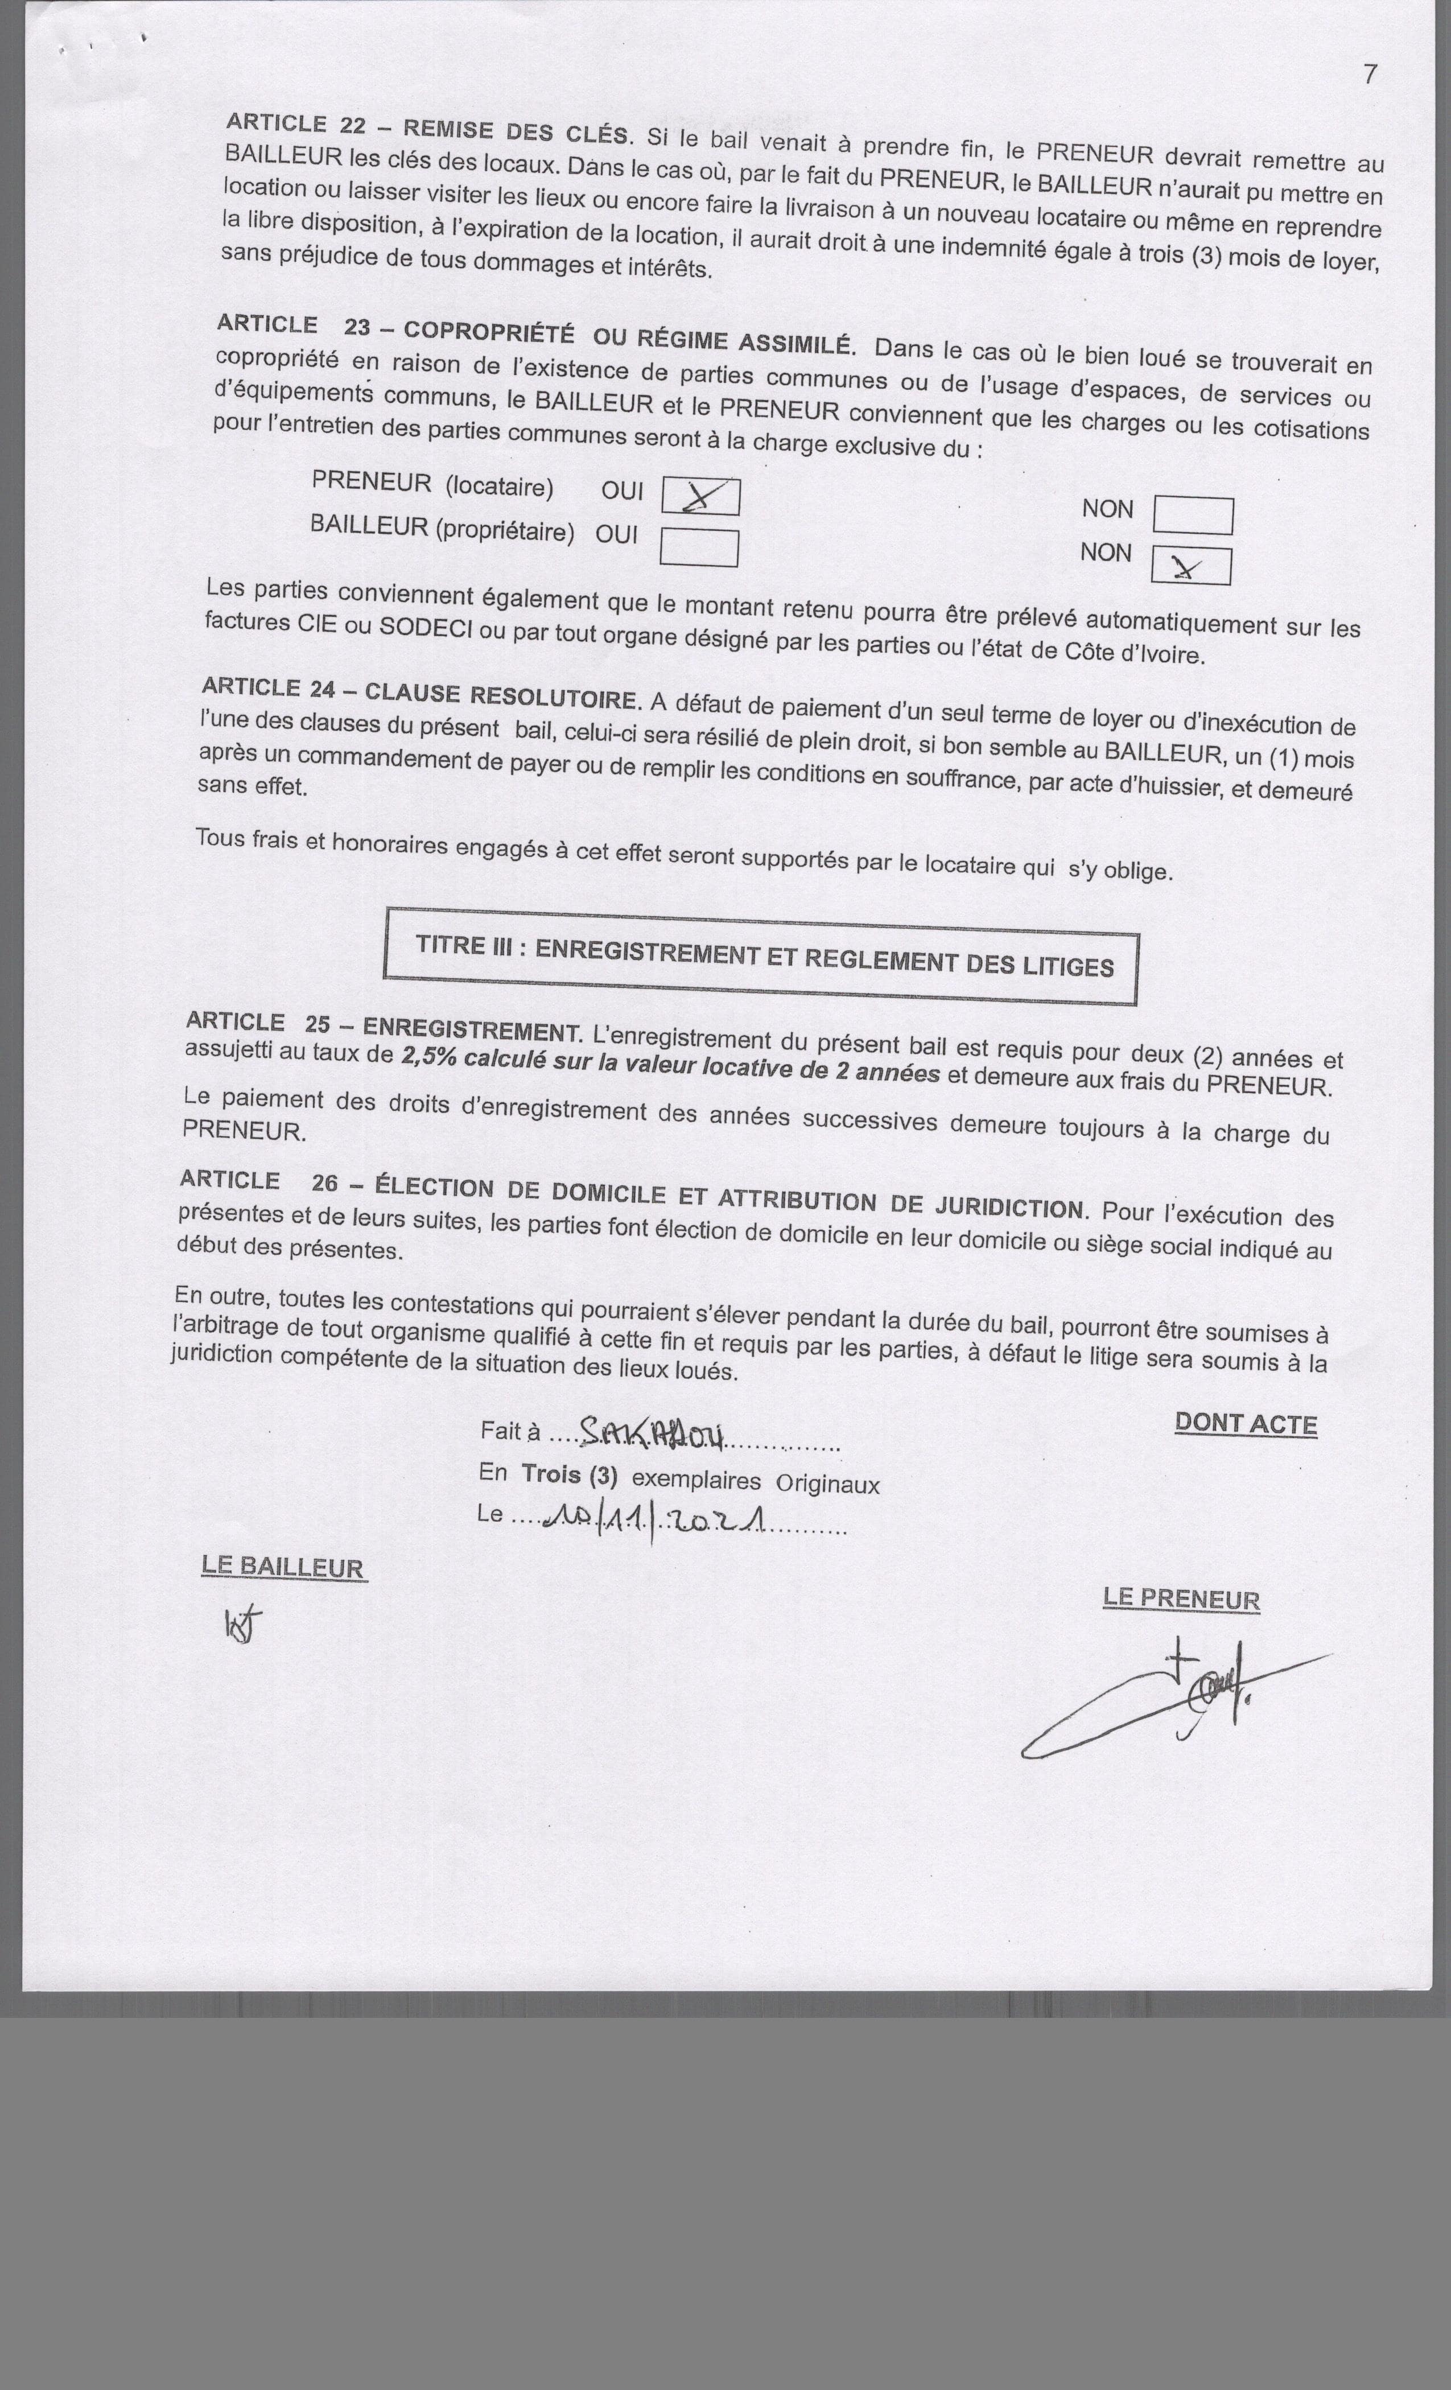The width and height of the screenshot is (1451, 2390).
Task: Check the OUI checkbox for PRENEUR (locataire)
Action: [700, 497]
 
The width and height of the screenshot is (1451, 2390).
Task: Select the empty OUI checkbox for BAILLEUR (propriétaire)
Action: [698, 547]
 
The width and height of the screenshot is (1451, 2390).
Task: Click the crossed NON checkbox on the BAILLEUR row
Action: [1191, 566]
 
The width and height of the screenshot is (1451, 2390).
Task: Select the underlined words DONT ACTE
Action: [1246, 1424]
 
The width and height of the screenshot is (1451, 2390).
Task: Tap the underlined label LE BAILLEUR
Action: [283, 1568]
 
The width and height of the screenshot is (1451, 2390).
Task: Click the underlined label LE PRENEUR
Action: [1180, 1600]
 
